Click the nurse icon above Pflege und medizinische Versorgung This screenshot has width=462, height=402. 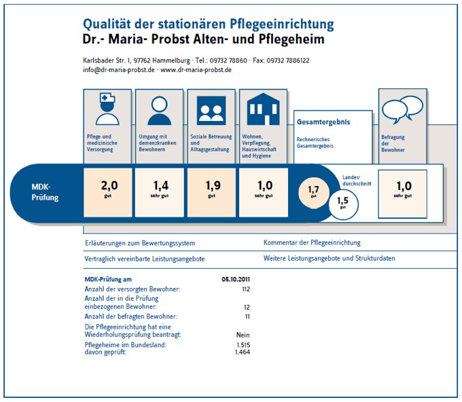pyautogui.click(x=107, y=109)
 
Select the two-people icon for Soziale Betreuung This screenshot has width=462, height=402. pyautogui.click(x=211, y=111)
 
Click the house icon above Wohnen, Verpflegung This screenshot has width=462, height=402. pyautogui.click(x=263, y=109)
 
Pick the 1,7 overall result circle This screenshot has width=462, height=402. pyautogui.click(x=313, y=193)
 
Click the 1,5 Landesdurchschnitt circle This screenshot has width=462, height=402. pyautogui.click(x=343, y=204)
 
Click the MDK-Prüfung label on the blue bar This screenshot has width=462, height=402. pyautogui.click(x=45, y=192)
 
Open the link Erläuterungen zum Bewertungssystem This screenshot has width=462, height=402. pyautogui.click(x=140, y=243)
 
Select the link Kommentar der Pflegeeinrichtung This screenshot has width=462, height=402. pyautogui.click(x=312, y=242)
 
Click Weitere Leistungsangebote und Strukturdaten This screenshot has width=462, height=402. pyautogui.click(x=329, y=258)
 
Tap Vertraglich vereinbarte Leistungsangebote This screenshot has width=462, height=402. pyautogui.click(x=144, y=259)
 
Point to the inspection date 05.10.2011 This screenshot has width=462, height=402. pyautogui.click(x=236, y=279)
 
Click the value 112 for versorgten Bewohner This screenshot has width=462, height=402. pyautogui.click(x=246, y=289)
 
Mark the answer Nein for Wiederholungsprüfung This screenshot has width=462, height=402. pyautogui.click(x=243, y=335)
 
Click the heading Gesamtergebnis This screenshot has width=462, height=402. pyautogui.click(x=323, y=122)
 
